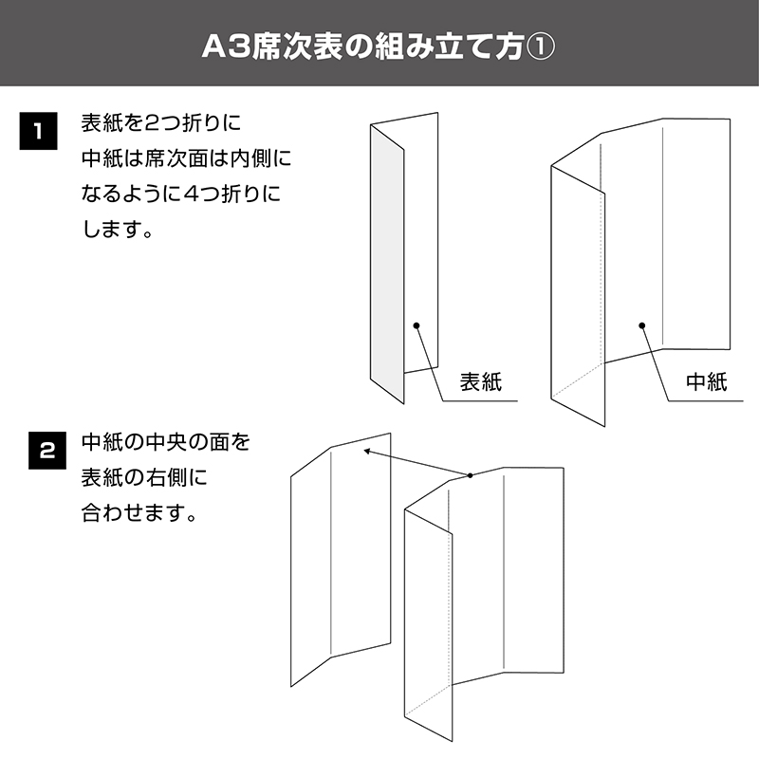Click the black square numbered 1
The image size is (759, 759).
click(38, 131)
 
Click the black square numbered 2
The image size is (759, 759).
click(47, 451)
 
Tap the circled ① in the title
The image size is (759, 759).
click(540, 47)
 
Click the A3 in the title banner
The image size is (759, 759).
click(226, 47)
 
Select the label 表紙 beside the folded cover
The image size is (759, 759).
click(481, 381)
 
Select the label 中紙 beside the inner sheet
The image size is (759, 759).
click(707, 381)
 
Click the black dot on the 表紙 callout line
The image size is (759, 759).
click(417, 325)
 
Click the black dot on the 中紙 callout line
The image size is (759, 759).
click(642, 325)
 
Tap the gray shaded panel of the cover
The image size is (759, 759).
click(387, 264)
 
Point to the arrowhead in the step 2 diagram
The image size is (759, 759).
click(367, 452)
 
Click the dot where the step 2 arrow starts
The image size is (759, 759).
click(470, 475)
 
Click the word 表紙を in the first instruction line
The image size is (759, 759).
click(112, 123)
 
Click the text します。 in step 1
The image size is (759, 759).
click(117, 230)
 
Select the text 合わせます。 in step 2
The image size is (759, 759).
click(139, 512)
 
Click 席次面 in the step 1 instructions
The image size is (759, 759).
click(176, 158)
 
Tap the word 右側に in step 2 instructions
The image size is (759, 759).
click(176, 477)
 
